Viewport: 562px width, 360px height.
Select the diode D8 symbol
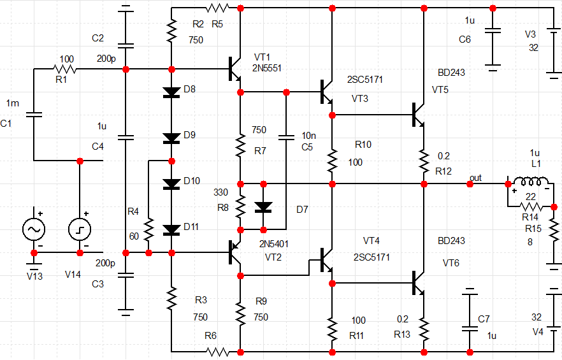(x=171, y=92)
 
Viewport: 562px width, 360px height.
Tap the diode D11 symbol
(x=171, y=229)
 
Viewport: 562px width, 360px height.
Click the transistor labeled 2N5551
(x=234, y=69)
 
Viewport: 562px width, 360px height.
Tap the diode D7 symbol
(x=263, y=206)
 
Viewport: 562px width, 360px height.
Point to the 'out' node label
(x=475, y=176)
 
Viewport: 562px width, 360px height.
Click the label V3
(x=530, y=33)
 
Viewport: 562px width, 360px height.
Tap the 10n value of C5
(x=308, y=136)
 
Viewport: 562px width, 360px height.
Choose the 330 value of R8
(x=220, y=192)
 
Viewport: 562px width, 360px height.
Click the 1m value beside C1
(x=13, y=103)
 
